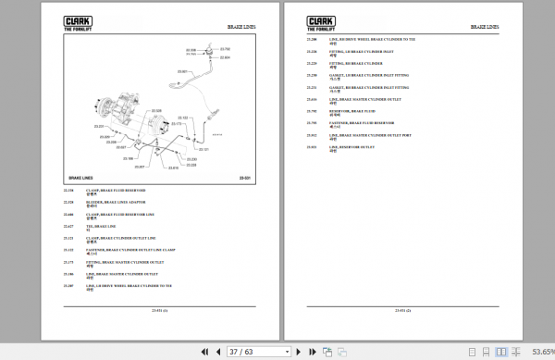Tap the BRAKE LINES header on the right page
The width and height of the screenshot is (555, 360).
[x=485, y=28]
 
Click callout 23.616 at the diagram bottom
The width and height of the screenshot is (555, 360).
[x=173, y=168]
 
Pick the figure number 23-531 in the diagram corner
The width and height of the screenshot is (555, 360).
[x=245, y=177]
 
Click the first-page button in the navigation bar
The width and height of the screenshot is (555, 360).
[x=203, y=352]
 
